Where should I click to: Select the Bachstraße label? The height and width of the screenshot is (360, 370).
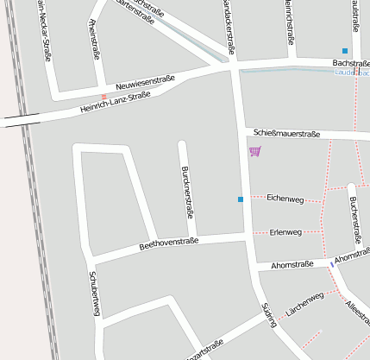click(x=350, y=64)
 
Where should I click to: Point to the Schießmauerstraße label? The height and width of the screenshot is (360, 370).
click(x=287, y=134)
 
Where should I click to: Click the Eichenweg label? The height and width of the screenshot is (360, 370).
click(x=285, y=199)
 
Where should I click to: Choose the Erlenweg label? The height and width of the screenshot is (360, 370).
click(x=285, y=232)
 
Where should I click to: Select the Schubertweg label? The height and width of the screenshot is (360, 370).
click(x=95, y=293)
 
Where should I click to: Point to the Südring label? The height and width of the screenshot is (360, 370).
click(x=268, y=315)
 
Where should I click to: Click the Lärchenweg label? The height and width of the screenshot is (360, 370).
click(x=304, y=303)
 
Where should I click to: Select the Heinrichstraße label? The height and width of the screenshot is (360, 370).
click(x=289, y=22)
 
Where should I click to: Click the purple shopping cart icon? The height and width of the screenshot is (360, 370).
click(x=254, y=152)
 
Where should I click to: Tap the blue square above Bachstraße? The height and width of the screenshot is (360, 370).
click(x=345, y=51)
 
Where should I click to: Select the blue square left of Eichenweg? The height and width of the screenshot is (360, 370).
click(x=241, y=200)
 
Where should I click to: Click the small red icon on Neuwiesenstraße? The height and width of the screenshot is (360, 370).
click(x=104, y=97)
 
